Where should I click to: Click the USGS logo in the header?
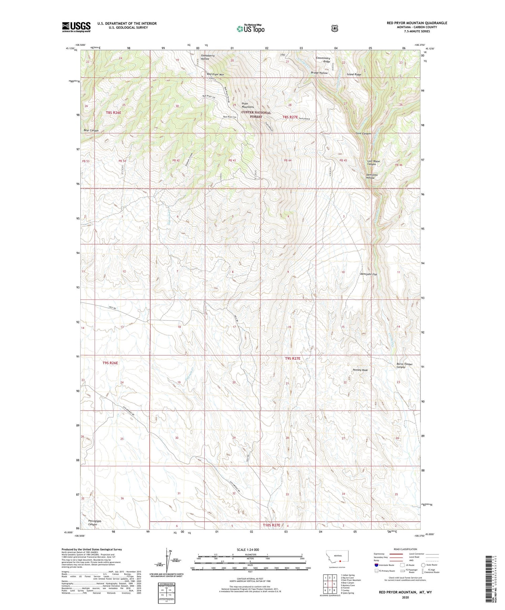[76, 27]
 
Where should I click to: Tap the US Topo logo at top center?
[250, 29]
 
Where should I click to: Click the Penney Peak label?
[360, 370]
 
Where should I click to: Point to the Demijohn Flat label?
[368, 274]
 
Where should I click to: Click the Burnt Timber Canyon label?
[404, 365]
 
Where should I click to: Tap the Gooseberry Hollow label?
[207, 57]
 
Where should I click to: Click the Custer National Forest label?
[256, 114]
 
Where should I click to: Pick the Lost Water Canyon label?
[373, 163]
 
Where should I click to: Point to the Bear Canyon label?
[91, 130]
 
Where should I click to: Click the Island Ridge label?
[354, 74]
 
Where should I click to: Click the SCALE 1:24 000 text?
[250, 549]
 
